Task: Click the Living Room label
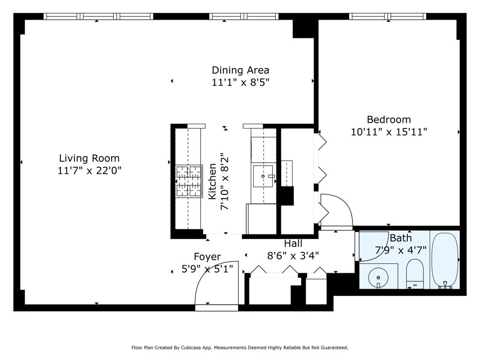coord(89,158)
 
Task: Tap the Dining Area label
coord(240,70)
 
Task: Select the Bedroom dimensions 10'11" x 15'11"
coord(389,132)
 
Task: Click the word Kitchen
coord(212,181)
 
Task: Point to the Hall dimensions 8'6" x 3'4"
coord(293,255)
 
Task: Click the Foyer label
coord(207,257)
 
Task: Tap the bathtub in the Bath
coord(445,261)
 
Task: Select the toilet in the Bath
coord(415,274)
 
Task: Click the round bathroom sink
coord(378,277)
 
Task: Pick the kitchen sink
coord(263,176)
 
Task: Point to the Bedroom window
coord(388,16)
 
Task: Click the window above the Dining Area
coord(244,16)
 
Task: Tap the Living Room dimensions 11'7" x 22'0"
coord(90,170)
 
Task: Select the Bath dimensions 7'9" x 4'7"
coord(401,250)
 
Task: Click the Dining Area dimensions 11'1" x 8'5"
coord(240,82)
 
